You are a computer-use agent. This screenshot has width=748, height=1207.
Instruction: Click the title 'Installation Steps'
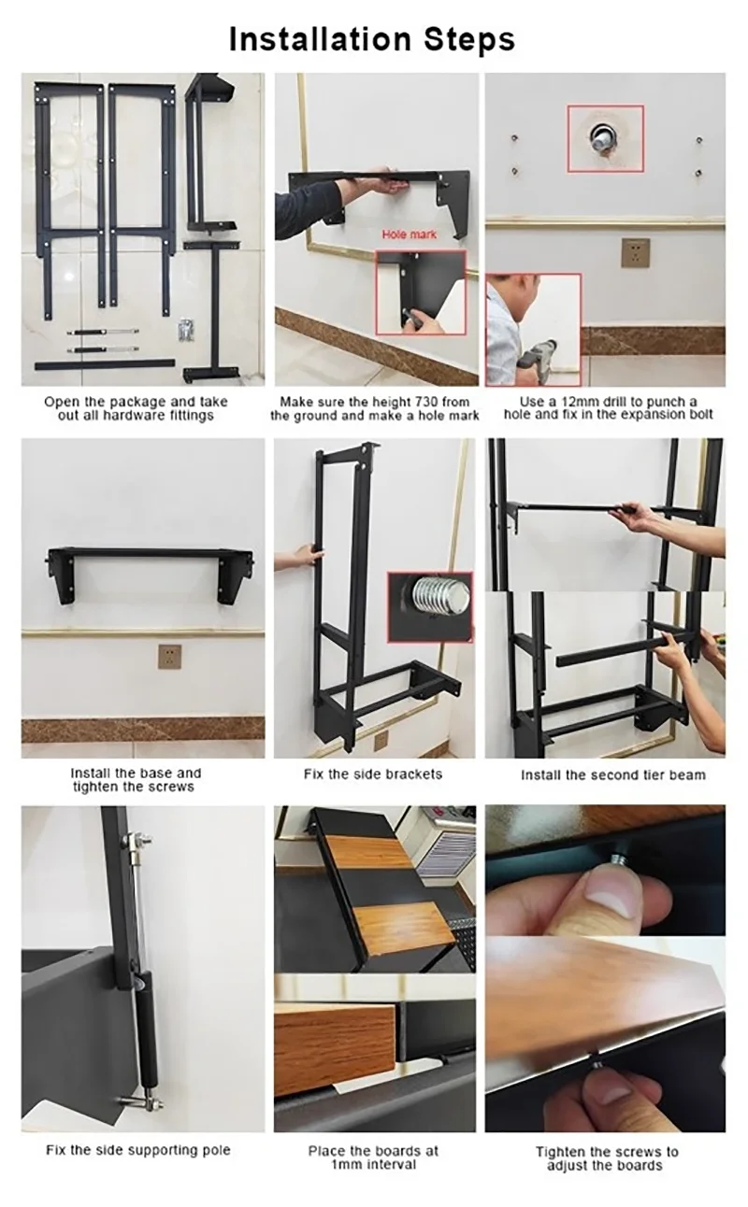(372, 39)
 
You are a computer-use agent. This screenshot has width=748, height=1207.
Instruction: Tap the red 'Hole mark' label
(408, 235)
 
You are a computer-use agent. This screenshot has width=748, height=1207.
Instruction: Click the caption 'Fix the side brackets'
(373, 774)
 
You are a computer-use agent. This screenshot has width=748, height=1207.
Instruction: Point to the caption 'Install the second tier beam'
(612, 774)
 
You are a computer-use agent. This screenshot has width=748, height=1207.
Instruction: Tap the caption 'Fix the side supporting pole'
(138, 1149)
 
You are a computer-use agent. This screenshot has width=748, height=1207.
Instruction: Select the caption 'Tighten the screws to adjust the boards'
(607, 1157)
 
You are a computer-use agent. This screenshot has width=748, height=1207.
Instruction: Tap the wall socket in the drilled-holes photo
(636, 251)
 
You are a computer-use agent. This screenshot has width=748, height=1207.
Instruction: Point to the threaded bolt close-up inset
(430, 605)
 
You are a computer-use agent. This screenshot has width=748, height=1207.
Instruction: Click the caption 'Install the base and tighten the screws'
(136, 780)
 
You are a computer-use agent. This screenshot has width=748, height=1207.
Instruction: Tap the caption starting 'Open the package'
(136, 408)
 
